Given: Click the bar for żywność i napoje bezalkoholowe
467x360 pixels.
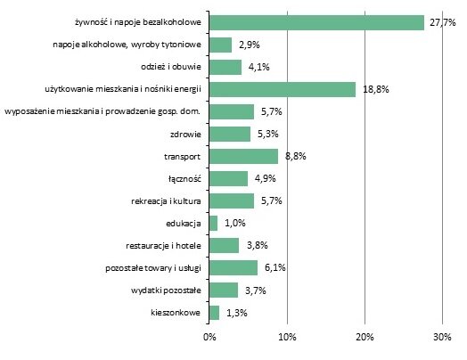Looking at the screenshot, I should (316, 22).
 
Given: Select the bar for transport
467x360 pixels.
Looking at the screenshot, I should (243, 156).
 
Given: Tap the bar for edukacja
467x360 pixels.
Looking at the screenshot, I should (213, 223).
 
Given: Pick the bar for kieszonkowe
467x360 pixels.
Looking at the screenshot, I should (214, 312).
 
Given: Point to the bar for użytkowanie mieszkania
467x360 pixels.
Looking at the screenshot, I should (283, 89).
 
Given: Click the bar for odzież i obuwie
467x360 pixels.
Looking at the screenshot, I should (225, 67).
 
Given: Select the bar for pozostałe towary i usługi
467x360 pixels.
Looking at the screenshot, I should (233, 267).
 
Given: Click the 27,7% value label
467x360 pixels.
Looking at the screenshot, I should (441, 22).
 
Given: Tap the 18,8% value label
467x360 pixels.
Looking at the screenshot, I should (373, 89).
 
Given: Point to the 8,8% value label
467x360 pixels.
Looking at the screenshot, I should (294, 156).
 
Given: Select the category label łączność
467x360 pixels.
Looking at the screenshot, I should (184, 178).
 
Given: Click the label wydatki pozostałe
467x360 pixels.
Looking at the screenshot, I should (168, 290).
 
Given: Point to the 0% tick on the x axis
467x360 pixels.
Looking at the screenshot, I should (209, 337).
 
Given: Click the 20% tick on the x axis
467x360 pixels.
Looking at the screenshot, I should (365, 337).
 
